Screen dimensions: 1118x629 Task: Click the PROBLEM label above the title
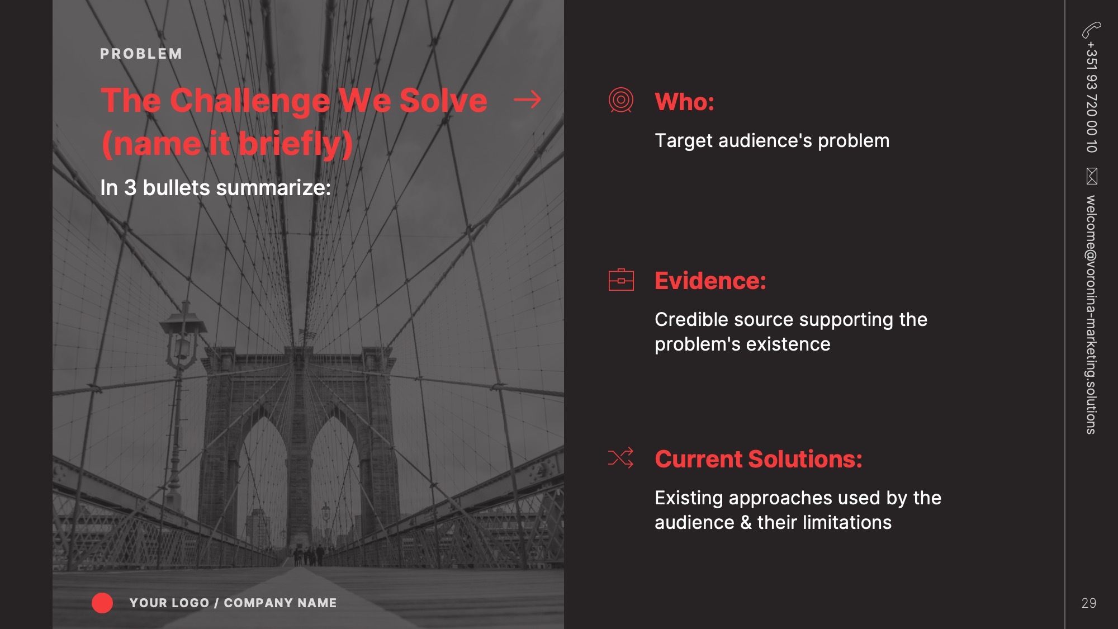[x=141, y=54]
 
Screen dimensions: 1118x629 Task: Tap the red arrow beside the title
[x=527, y=100]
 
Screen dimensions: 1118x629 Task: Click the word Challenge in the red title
[x=250, y=101]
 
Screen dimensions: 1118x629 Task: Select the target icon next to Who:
[x=620, y=101]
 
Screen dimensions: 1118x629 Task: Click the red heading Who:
[x=684, y=102]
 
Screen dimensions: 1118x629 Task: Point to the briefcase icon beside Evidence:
[x=620, y=280]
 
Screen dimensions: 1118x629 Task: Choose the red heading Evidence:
[x=710, y=281]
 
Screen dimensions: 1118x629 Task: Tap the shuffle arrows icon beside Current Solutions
[x=620, y=458]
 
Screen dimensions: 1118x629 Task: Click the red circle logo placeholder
[x=102, y=603]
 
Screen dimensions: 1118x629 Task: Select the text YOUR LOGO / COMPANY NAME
[x=233, y=603]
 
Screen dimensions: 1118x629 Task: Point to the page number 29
[x=1088, y=603]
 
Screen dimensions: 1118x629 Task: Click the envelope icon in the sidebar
[x=1092, y=176]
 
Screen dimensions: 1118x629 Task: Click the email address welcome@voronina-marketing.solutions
[x=1091, y=314]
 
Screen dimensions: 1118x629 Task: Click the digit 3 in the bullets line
[x=130, y=188]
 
